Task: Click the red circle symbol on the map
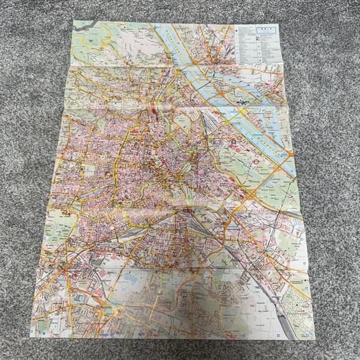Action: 256,160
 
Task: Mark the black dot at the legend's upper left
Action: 238,29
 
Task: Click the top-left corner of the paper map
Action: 73,20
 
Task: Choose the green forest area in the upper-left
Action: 93,43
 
